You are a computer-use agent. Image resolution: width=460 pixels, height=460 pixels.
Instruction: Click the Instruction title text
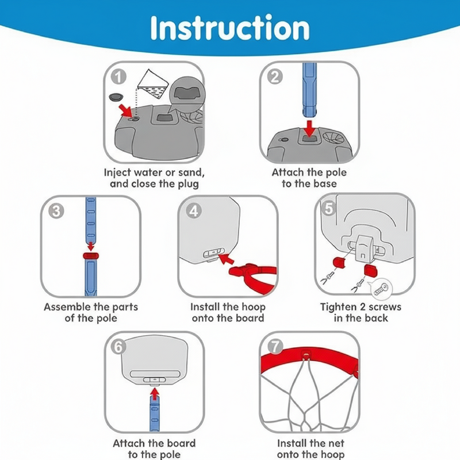click(x=230, y=28)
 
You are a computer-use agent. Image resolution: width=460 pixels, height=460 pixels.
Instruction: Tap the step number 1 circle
click(x=118, y=77)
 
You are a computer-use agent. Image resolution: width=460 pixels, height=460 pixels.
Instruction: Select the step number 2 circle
click(x=275, y=77)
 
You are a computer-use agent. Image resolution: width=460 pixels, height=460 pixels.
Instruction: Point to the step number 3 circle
click(x=56, y=211)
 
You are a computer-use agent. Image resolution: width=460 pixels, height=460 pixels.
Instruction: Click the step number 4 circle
click(x=194, y=211)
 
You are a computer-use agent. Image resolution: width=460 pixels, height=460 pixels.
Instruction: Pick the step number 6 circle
click(x=118, y=347)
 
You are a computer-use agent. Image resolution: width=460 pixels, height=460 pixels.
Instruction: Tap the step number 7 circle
click(x=275, y=347)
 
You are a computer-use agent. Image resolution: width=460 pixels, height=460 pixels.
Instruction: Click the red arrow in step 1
click(x=126, y=111)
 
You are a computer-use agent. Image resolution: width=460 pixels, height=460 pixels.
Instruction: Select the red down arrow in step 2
click(x=309, y=128)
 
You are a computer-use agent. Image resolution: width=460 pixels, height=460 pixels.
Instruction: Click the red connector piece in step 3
click(x=91, y=256)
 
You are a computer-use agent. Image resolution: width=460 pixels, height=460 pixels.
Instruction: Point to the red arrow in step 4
click(x=227, y=258)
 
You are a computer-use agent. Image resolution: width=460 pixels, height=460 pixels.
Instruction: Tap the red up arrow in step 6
click(x=155, y=394)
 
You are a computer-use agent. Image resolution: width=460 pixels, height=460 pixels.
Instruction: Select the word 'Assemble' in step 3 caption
click(x=64, y=307)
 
